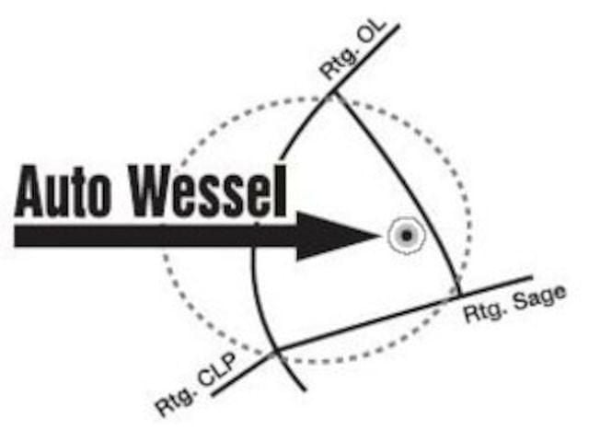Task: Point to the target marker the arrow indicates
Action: (x=404, y=235)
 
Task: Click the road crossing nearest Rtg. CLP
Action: (x=277, y=351)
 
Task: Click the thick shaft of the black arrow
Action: (x=156, y=235)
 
